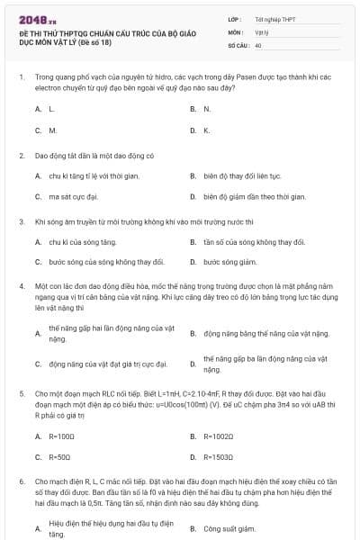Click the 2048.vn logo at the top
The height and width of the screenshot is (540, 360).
[x=39, y=19]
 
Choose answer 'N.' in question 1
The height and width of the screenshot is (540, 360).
[x=207, y=108]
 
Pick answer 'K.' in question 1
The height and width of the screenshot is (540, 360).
[x=207, y=130]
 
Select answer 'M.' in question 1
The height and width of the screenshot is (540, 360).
[x=52, y=130]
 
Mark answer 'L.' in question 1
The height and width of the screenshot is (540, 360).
[x=51, y=108]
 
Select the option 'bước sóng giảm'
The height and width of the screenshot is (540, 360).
[x=229, y=262]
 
